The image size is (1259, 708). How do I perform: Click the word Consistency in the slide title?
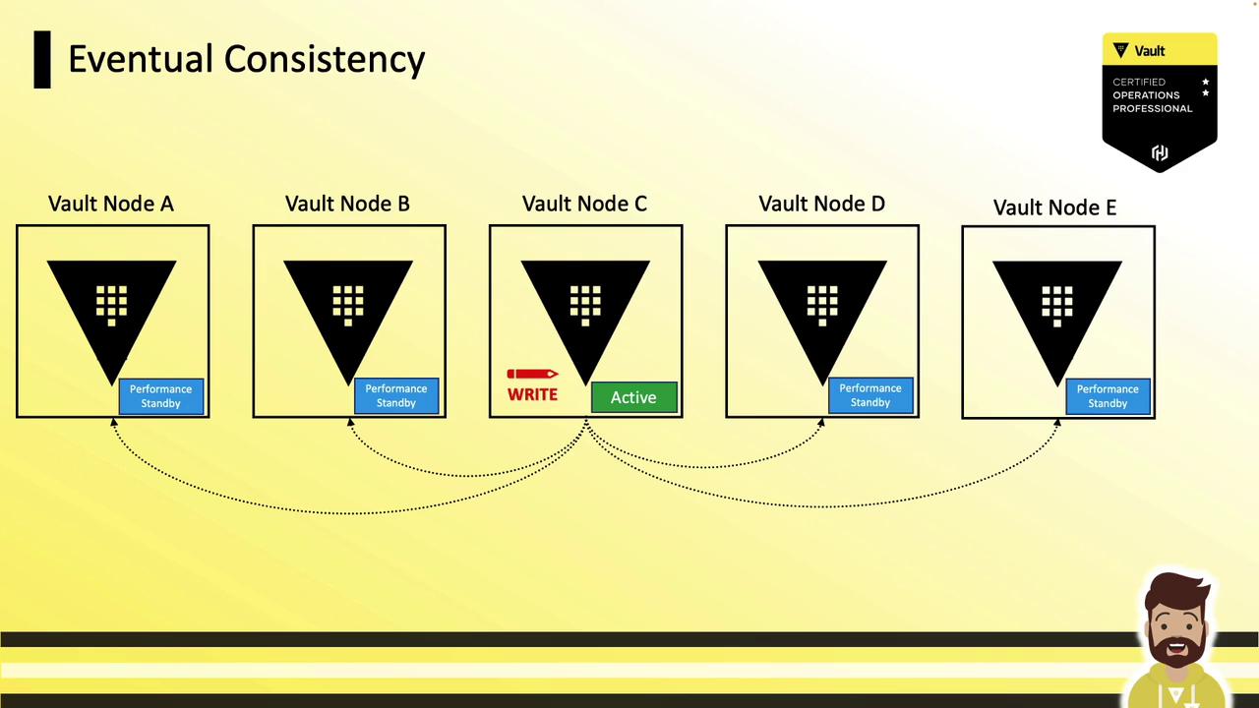click(x=325, y=60)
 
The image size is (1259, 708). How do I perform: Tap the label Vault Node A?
click(x=111, y=204)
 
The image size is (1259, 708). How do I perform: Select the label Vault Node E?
click(x=1054, y=207)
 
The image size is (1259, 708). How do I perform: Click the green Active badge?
click(x=634, y=397)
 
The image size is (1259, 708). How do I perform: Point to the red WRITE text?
click(x=532, y=394)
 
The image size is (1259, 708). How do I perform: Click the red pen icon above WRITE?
click(x=532, y=375)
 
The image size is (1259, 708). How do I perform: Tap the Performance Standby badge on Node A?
click(x=160, y=396)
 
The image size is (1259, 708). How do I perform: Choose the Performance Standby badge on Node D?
click(x=870, y=395)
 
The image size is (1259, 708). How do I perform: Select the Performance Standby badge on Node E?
click(x=1108, y=396)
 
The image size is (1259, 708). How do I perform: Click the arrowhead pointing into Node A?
click(x=113, y=422)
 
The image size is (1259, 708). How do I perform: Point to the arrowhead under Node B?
click(x=350, y=422)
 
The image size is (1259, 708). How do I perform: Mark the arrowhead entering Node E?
click(x=1057, y=423)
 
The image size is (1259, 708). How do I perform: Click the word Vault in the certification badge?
click(x=1150, y=51)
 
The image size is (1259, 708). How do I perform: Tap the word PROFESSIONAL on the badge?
click(x=1152, y=108)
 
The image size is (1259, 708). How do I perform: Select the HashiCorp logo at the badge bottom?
click(x=1160, y=152)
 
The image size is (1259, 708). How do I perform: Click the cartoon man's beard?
click(x=1176, y=652)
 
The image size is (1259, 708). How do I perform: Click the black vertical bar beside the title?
click(x=42, y=60)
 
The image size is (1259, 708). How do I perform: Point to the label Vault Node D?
click(x=821, y=204)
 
